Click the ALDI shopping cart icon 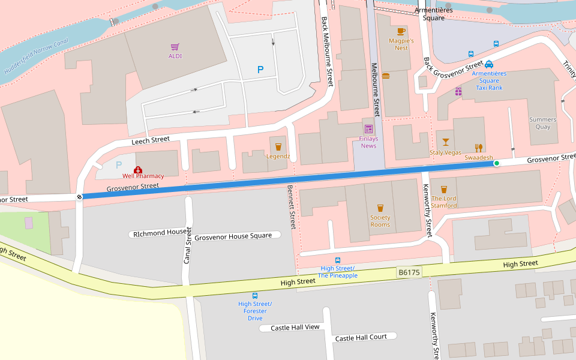pos(175,47)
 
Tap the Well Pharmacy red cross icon pos(138,170)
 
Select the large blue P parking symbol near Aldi pos(260,70)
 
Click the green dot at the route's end pos(496,163)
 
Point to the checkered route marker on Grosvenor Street pos(79,197)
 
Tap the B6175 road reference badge pos(409,272)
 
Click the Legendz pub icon pos(278,147)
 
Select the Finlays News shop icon pos(368,129)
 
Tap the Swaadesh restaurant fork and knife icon pos(478,148)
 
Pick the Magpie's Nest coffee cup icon pos(401,31)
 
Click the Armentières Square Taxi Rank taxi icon pos(489,64)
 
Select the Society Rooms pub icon pos(380,208)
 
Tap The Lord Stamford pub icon pos(444,189)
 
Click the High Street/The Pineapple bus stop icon pos(338,260)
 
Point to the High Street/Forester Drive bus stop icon pos(255,296)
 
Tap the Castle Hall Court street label pos(361,338)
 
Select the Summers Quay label pos(542,123)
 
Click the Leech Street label pos(151,140)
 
